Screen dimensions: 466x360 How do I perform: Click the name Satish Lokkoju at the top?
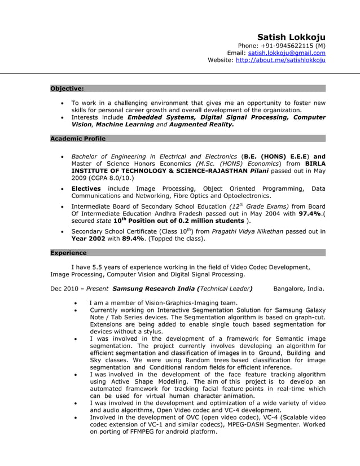click(x=291, y=37)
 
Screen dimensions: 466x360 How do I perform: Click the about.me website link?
click(x=280, y=60)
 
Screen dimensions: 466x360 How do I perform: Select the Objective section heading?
click(x=67, y=89)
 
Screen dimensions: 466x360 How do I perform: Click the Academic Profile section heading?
click(x=78, y=138)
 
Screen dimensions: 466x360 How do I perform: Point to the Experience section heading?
click(x=68, y=253)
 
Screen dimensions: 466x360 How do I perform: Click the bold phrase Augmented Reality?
click(x=201, y=125)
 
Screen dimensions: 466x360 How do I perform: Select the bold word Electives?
click(x=86, y=188)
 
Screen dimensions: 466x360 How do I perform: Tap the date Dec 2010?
click(x=64, y=289)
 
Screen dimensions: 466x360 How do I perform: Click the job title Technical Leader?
click(x=225, y=289)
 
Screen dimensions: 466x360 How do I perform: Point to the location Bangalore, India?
click(x=299, y=289)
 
